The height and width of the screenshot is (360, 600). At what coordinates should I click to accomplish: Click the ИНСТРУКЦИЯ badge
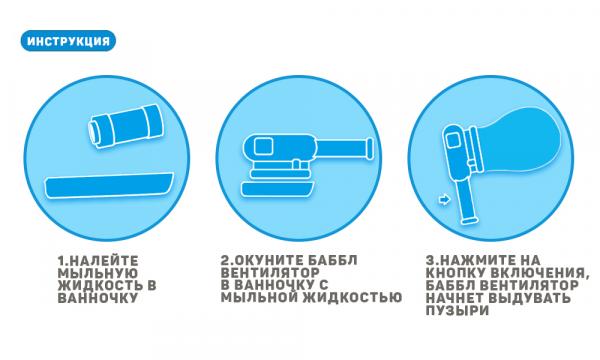point(68,41)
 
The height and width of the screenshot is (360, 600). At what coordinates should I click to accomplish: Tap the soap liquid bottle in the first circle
point(126,125)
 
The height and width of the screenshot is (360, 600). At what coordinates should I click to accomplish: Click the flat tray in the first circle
point(109,186)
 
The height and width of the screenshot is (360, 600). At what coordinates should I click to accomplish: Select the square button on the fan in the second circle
point(263,146)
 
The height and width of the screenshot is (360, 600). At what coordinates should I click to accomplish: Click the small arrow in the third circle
point(444,199)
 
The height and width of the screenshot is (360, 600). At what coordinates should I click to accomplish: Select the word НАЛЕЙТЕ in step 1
point(104,261)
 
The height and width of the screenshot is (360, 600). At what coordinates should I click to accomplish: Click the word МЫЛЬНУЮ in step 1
point(98,273)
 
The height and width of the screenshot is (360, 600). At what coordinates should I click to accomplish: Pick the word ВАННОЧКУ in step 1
point(98,298)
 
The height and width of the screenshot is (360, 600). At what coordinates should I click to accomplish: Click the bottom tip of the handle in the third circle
point(469,221)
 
